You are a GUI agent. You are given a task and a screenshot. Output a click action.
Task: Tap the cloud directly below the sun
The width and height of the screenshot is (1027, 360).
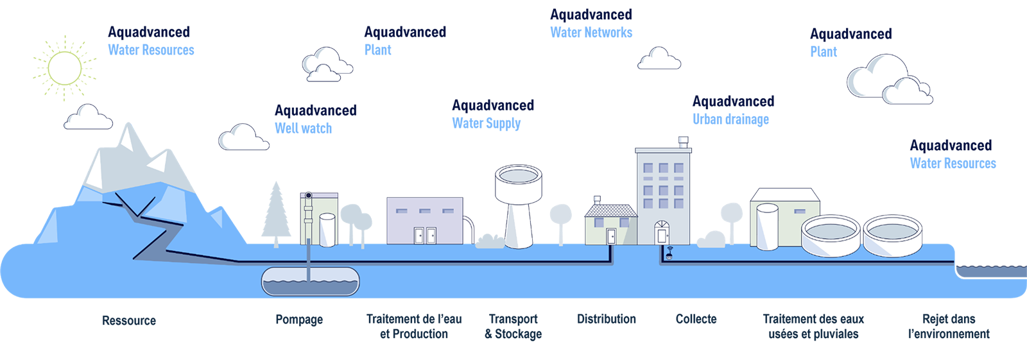click(88, 117)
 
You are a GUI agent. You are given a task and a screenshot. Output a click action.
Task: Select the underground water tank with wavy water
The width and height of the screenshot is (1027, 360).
click(310, 281)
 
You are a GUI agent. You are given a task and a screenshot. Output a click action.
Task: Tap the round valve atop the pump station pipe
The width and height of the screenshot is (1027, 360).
click(309, 195)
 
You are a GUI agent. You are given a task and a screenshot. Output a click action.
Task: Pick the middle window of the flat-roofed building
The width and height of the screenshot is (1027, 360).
click(424, 210)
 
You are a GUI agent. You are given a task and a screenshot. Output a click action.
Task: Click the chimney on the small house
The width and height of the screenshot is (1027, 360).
click(597, 201)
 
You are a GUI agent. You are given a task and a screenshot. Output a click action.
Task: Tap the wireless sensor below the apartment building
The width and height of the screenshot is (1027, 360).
click(668, 252)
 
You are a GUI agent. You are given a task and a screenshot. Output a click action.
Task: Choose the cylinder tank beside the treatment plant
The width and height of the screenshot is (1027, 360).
click(768, 227)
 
